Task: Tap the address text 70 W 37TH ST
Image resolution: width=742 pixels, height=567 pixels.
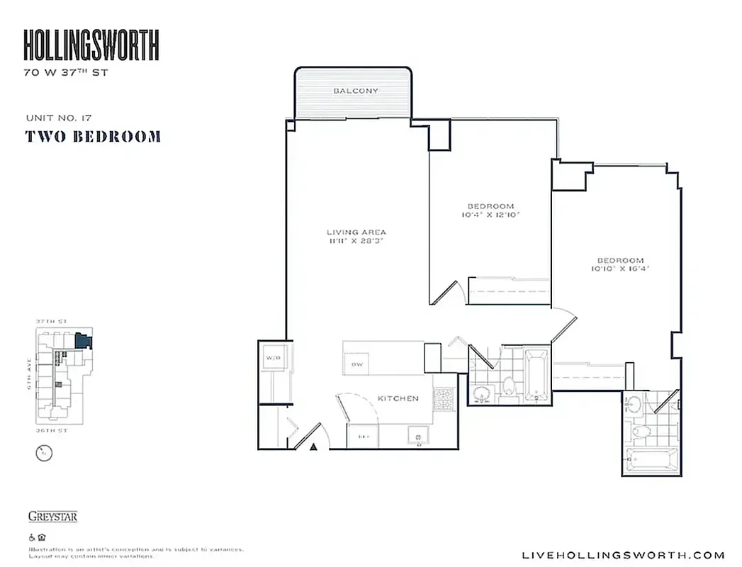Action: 66,72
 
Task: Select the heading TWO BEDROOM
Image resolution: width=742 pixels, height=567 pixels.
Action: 93,136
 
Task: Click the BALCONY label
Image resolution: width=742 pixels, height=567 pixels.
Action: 355,91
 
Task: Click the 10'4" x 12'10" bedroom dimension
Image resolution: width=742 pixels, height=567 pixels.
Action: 490,214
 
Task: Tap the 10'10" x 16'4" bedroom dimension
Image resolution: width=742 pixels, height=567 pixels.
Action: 619,269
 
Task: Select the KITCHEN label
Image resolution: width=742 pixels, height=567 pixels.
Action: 398,398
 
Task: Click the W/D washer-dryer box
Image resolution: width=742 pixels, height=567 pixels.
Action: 274,359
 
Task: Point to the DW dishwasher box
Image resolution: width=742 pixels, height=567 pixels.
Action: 356,364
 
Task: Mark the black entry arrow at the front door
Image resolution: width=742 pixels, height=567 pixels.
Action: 313,446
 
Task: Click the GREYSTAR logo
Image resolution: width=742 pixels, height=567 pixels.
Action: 52,516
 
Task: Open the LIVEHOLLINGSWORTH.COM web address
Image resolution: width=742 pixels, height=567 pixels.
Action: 622,555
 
